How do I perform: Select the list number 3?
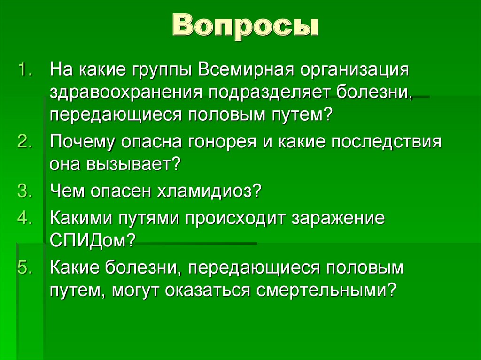click(x=24, y=191)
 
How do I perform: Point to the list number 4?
click(x=24, y=218)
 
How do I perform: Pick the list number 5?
click(x=24, y=268)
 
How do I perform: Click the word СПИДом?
click(x=93, y=241)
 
